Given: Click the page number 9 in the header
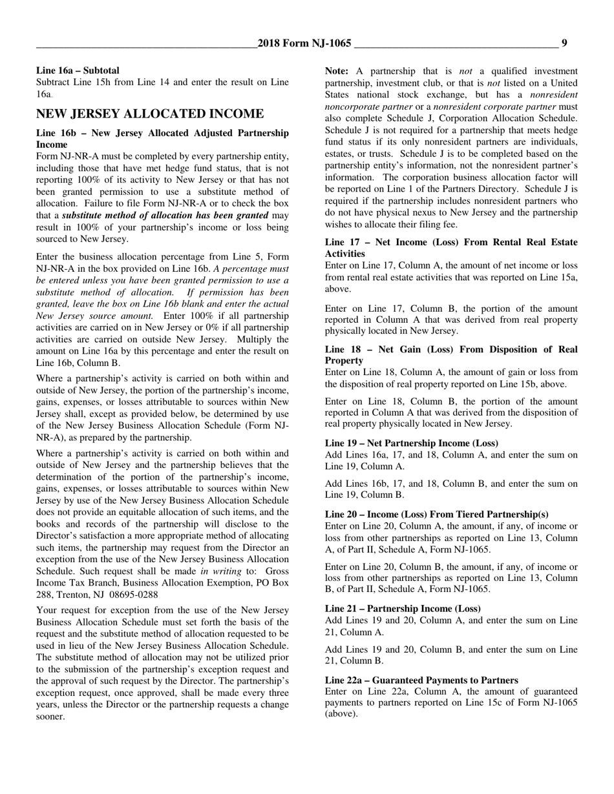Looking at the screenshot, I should pos(564,43).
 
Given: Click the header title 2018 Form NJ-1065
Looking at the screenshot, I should pos(304,43).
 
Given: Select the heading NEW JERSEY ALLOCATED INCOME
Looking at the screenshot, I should pos(149,114).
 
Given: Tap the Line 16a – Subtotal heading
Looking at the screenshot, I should pos(78,70).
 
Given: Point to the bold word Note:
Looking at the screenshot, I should pos(337,71).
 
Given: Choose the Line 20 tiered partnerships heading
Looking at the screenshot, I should pos(436,514).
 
